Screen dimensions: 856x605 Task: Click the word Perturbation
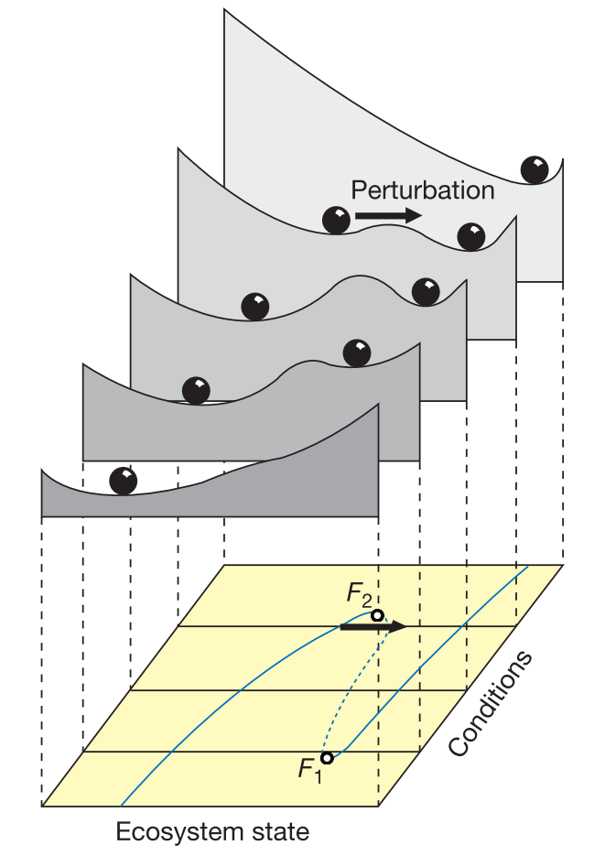(x=423, y=190)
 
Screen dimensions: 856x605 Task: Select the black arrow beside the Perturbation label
(x=388, y=216)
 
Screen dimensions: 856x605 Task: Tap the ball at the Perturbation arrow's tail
(x=337, y=220)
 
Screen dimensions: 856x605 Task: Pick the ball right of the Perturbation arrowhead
(x=470, y=236)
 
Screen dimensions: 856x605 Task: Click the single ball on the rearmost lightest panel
(x=535, y=169)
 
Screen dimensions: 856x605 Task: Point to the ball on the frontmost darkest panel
(x=123, y=481)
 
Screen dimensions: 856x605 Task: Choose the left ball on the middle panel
(x=255, y=306)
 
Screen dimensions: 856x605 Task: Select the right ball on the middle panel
(x=426, y=291)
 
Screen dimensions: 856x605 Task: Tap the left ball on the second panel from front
(x=196, y=390)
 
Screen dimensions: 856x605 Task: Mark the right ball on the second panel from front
(x=357, y=352)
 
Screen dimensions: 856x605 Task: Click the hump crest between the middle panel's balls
(x=352, y=278)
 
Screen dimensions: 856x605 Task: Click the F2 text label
(x=359, y=595)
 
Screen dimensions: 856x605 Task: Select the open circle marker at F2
(x=377, y=616)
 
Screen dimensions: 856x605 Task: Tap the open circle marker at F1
(x=327, y=758)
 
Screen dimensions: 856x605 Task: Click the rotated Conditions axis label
(x=491, y=704)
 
